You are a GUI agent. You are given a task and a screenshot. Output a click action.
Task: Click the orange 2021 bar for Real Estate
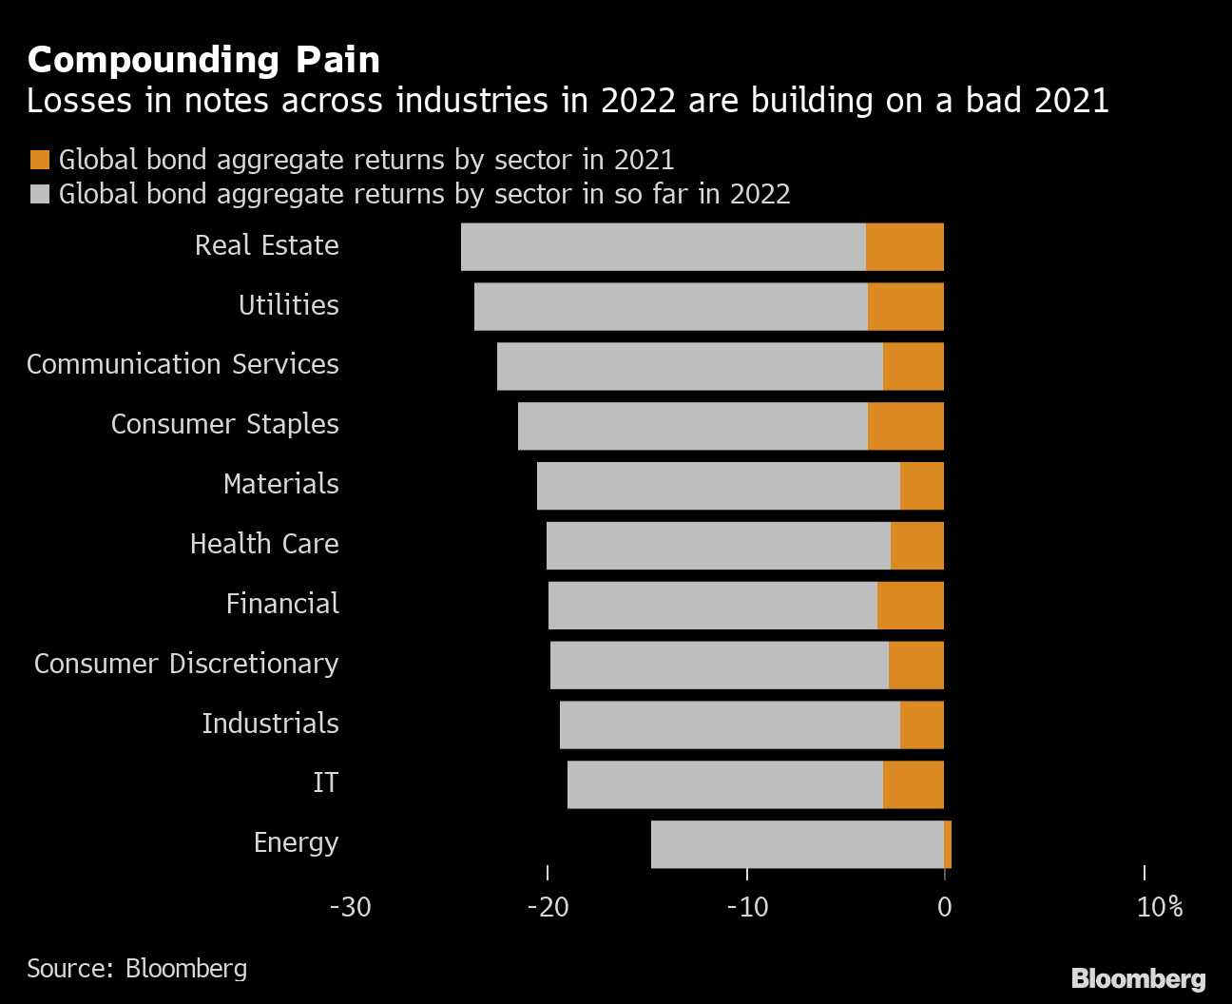[x=905, y=247]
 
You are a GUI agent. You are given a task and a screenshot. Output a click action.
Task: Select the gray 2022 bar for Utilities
[x=671, y=307]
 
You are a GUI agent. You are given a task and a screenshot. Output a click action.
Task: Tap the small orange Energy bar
[x=948, y=844]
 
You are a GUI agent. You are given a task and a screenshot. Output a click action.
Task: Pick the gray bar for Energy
[x=798, y=844]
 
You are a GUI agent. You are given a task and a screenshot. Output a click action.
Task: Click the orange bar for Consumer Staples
[x=906, y=426]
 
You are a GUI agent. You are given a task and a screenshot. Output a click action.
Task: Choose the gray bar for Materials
[x=719, y=486]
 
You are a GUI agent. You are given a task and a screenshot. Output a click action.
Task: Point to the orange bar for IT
[x=914, y=784]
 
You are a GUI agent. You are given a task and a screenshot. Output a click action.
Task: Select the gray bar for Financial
[x=713, y=606]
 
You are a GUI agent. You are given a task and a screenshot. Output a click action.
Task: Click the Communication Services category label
[x=183, y=364]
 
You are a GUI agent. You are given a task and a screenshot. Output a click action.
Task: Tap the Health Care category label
[x=264, y=544]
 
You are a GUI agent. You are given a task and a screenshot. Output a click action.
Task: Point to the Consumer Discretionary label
[x=186, y=664]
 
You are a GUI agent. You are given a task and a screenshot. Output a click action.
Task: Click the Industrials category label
[x=270, y=724]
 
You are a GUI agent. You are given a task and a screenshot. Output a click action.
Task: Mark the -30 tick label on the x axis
[x=350, y=907]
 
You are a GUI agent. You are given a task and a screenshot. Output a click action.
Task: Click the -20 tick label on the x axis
[x=548, y=907]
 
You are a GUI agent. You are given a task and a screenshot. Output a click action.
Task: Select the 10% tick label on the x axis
[x=1160, y=907]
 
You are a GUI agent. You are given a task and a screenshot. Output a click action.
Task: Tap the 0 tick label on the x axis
[x=944, y=907]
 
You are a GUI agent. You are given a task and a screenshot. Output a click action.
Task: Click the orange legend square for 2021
[x=40, y=160]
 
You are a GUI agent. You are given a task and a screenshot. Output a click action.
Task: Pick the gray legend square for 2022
[x=40, y=194]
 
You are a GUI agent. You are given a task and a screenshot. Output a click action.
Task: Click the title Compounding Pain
[x=203, y=60]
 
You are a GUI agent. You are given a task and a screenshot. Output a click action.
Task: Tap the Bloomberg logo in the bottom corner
[x=1138, y=978]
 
